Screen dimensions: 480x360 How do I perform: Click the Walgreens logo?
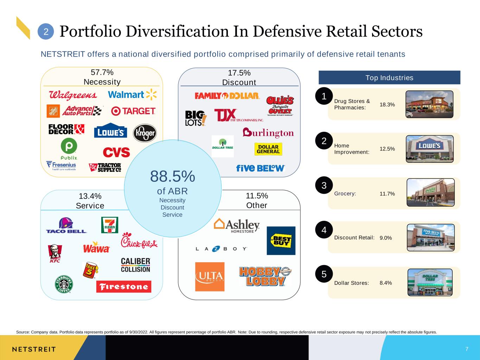(x=73, y=95)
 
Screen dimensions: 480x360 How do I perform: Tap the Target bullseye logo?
(x=133, y=111)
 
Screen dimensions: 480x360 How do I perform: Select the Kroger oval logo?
(x=145, y=133)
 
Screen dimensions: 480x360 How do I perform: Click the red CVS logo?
(x=116, y=152)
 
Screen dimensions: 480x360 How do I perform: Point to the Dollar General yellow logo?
(x=268, y=149)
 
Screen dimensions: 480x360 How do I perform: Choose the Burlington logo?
(x=268, y=133)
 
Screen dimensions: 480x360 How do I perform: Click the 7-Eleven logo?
(x=110, y=225)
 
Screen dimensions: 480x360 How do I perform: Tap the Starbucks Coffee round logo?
(x=64, y=284)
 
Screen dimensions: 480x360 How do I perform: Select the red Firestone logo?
(x=124, y=287)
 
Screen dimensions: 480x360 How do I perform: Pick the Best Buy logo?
(x=281, y=241)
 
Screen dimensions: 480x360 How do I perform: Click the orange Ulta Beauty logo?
(x=210, y=277)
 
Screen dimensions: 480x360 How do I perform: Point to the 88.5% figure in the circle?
(x=173, y=176)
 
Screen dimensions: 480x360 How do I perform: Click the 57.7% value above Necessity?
(x=102, y=72)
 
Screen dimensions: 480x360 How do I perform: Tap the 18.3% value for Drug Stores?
(x=387, y=104)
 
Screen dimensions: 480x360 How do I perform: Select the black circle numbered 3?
(x=324, y=185)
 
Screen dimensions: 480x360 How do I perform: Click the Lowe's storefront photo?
(x=430, y=149)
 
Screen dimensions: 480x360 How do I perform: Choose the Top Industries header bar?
(x=390, y=78)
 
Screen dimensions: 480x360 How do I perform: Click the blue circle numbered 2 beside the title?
(x=46, y=32)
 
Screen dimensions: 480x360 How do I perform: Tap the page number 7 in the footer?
(x=467, y=349)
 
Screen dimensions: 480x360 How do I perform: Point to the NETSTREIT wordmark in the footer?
(x=34, y=349)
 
